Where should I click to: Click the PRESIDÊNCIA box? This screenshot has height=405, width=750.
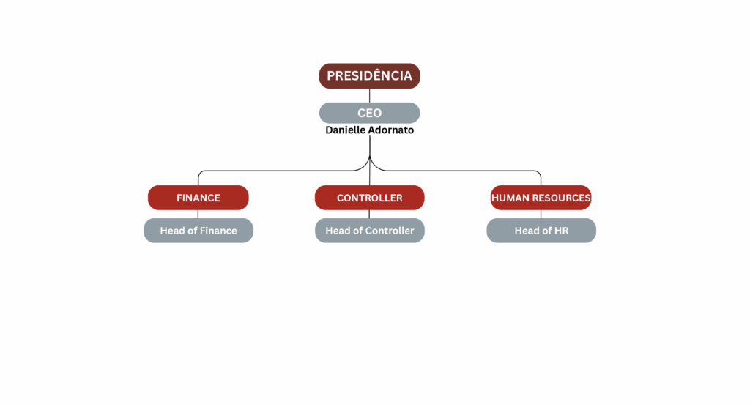[x=369, y=75]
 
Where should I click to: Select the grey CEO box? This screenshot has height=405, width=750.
[x=369, y=113]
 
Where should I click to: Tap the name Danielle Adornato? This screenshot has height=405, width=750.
[x=369, y=130]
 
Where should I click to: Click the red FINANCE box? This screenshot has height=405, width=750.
[x=198, y=198]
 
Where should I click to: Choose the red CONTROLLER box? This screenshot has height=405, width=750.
[x=369, y=198]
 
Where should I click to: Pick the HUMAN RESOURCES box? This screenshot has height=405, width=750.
[x=541, y=198]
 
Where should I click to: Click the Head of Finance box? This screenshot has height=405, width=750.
[x=198, y=231]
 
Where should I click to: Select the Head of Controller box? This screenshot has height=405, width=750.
[x=369, y=231]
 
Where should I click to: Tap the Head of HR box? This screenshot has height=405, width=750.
[x=541, y=231]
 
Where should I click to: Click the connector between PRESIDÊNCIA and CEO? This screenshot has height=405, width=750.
[x=369, y=95]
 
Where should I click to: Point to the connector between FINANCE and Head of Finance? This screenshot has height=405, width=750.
[x=198, y=214]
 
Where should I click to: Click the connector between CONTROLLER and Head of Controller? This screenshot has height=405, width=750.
[x=369, y=214]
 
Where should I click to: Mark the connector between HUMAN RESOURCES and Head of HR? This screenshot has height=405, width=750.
[x=541, y=214]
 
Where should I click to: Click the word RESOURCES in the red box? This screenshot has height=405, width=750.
[x=562, y=198]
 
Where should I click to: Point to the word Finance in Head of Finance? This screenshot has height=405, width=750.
[x=218, y=231]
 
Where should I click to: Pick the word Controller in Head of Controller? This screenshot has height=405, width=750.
[x=390, y=231]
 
